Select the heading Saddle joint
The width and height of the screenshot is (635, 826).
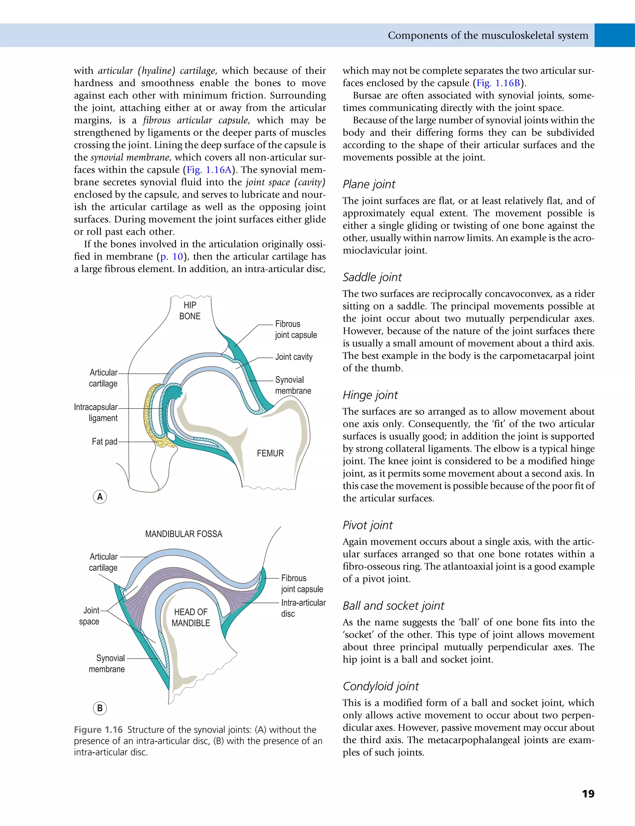[372, 277]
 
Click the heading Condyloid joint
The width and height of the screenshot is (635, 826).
[381, 686]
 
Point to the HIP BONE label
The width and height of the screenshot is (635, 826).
[190, 311]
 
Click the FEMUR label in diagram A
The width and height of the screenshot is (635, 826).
[270, 453]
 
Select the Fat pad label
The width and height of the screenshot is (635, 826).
[104, 441]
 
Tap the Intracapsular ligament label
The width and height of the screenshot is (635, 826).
[96, 412]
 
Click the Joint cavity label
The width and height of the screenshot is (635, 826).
[294, 357]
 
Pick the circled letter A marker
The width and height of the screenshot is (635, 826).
[100, 497]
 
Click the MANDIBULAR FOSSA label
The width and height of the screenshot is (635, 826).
[184, 534]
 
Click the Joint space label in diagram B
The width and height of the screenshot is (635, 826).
[90, 616]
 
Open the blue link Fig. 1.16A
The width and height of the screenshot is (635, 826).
[209, 170]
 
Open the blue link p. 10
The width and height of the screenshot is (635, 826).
[171, 257]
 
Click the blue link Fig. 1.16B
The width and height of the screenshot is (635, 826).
[498, 83]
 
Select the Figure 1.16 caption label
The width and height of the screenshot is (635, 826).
[98, 730]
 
